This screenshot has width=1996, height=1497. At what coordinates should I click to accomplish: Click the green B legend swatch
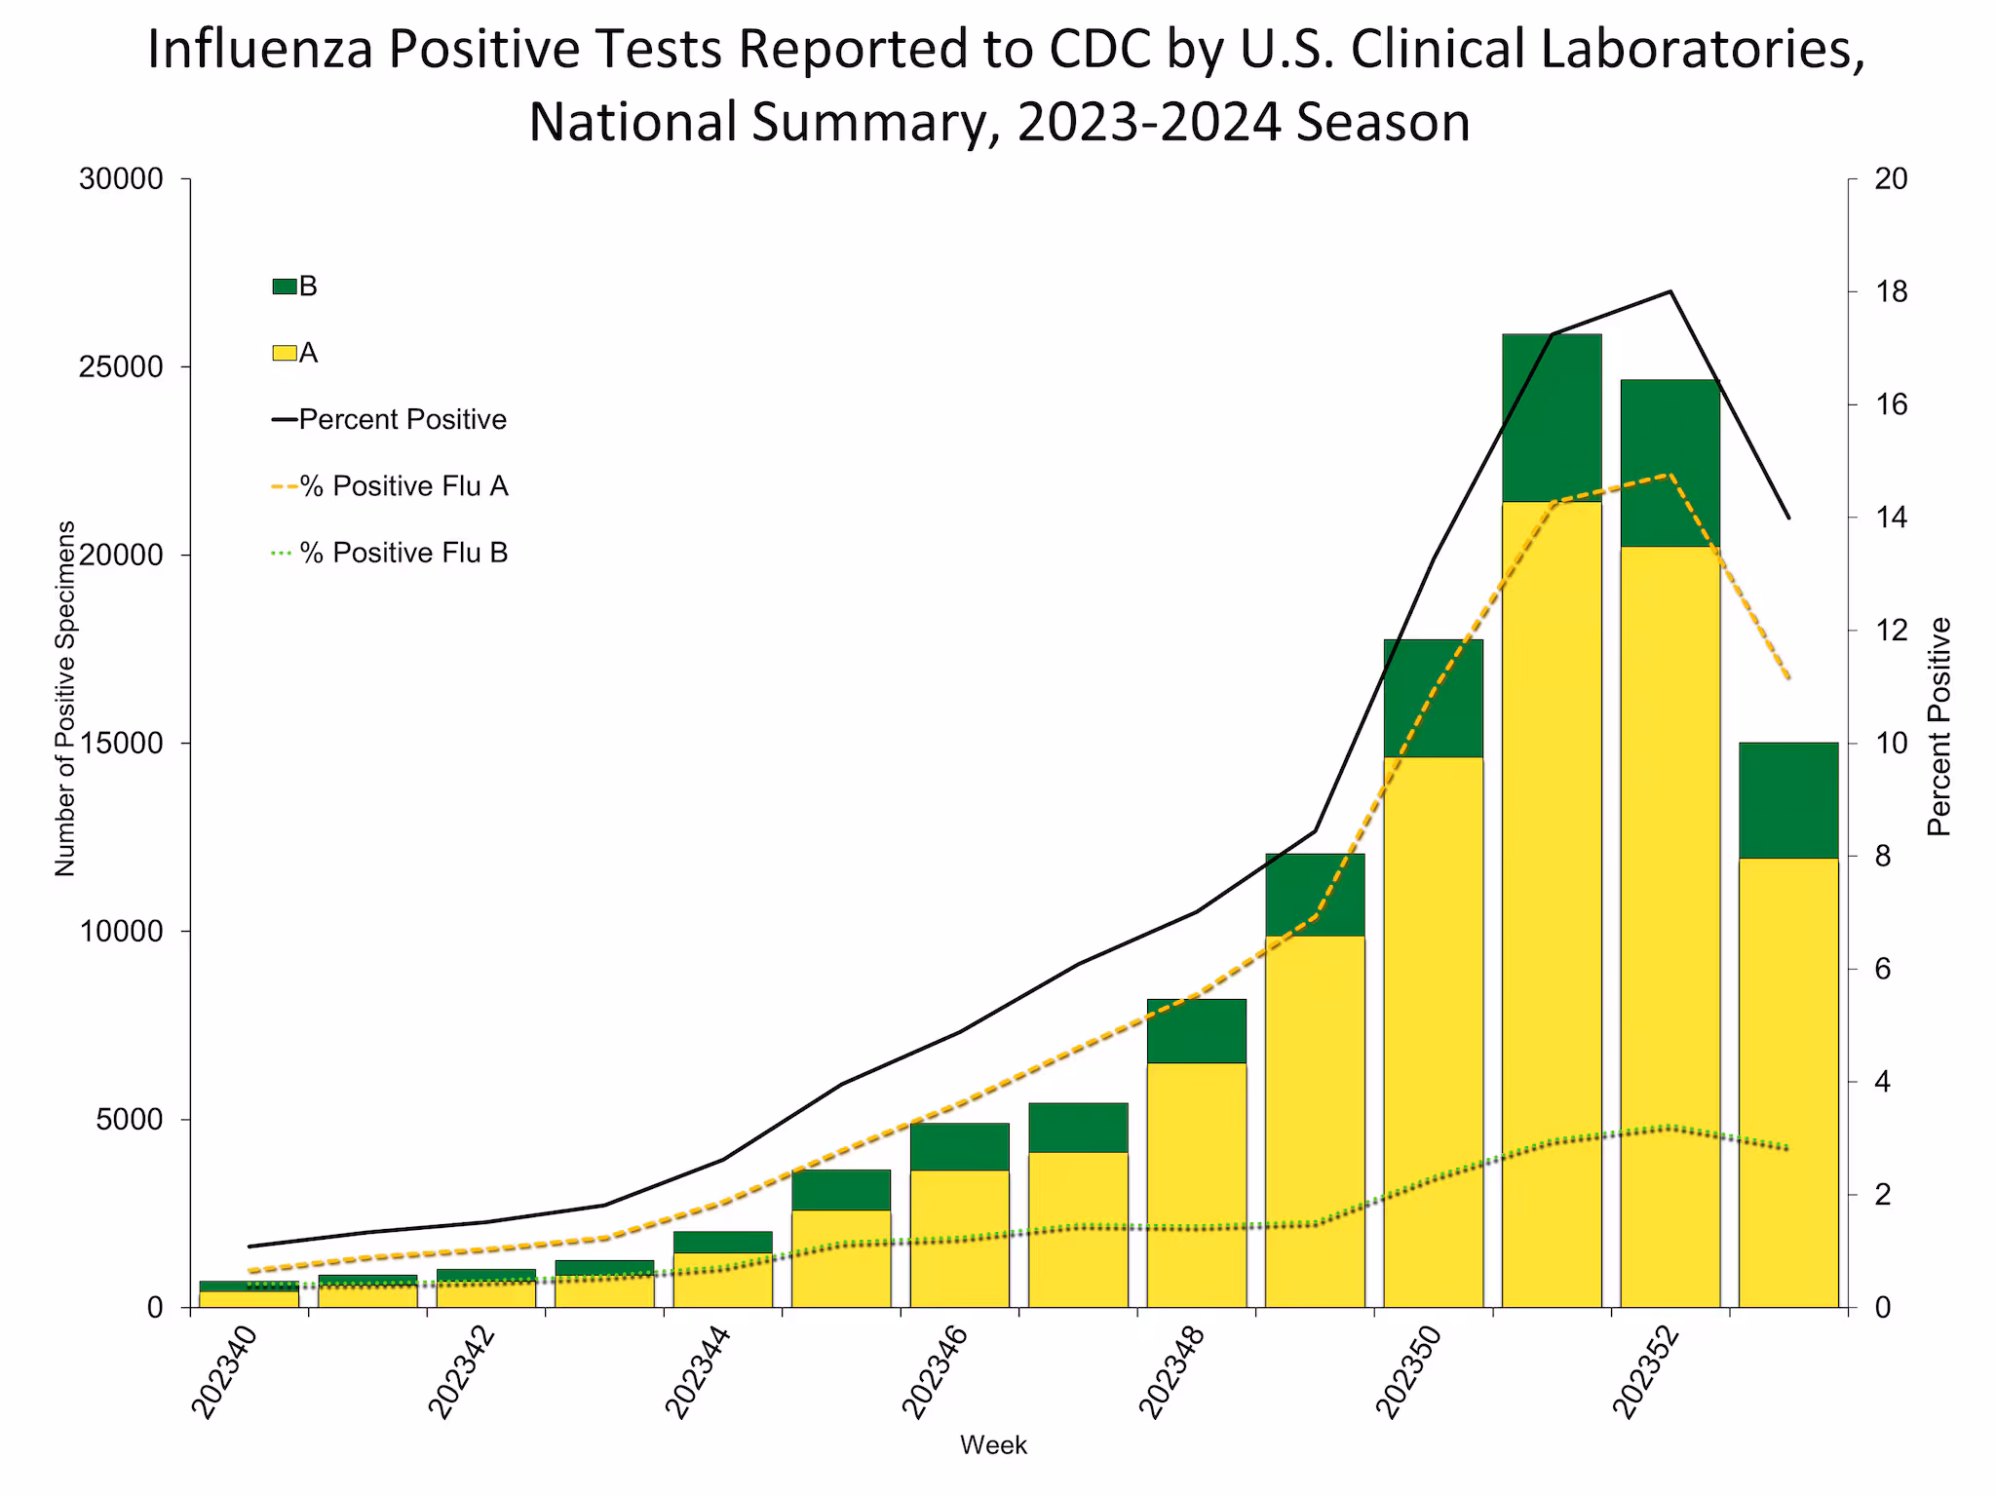(x=284, y=287)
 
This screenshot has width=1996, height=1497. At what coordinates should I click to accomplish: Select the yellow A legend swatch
(x=284, y=353)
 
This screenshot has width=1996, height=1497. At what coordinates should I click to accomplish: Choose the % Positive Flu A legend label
(x=403, y=486)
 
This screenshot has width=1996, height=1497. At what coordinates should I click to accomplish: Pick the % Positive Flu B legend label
(x=403, y=553)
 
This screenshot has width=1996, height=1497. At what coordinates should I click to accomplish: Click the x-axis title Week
(x=993, y=1445)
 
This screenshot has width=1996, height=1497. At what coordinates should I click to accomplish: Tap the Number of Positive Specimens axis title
(x=65, y=698)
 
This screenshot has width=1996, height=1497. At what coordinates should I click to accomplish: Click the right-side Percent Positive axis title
(x=1939, y=727)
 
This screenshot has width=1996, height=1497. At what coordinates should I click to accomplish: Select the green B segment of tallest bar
(x=1552, y=417)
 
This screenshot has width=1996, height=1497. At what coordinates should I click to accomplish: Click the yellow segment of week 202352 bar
(x=1670, y=926)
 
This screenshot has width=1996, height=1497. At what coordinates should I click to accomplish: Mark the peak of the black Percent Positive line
(x=1670, y=291)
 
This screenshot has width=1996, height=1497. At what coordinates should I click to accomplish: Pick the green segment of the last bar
(x=1788, y=800)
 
